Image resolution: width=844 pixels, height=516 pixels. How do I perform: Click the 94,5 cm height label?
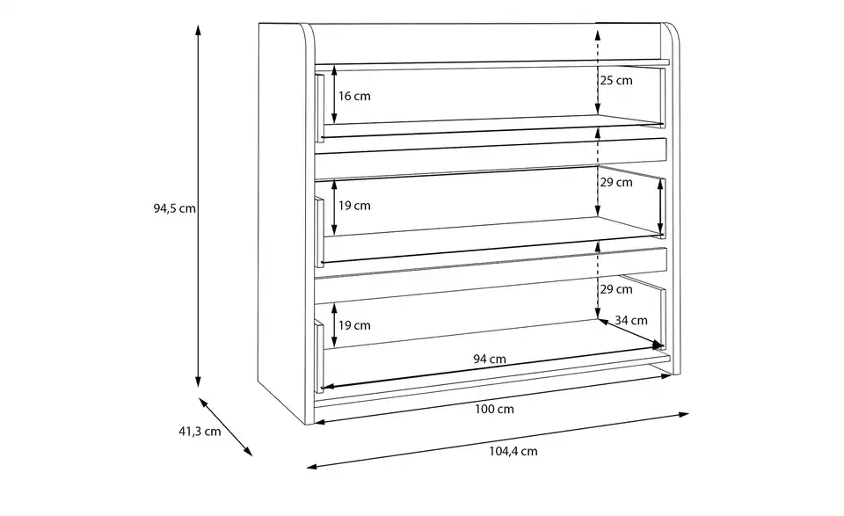pos(173,209)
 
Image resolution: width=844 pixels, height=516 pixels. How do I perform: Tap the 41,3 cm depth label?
pos(199,432)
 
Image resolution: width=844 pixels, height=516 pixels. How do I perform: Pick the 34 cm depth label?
pos(630,320)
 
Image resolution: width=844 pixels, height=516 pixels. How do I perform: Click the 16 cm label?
pos(355,96)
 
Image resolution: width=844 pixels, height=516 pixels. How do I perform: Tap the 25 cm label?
pos(615,81)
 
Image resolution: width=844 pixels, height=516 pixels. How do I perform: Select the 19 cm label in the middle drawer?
pos(355,206)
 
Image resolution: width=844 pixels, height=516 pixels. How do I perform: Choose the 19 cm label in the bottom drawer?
pos(355,325)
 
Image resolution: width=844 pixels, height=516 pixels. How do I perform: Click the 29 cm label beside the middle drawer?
pos(615,183)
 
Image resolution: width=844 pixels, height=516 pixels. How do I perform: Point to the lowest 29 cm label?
pos(615,288)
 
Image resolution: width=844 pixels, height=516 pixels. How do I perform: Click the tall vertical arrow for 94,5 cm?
pos(199,207)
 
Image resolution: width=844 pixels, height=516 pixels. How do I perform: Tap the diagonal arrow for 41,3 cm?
pos(227,427)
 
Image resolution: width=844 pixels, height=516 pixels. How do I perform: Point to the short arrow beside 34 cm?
pos(630,333)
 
